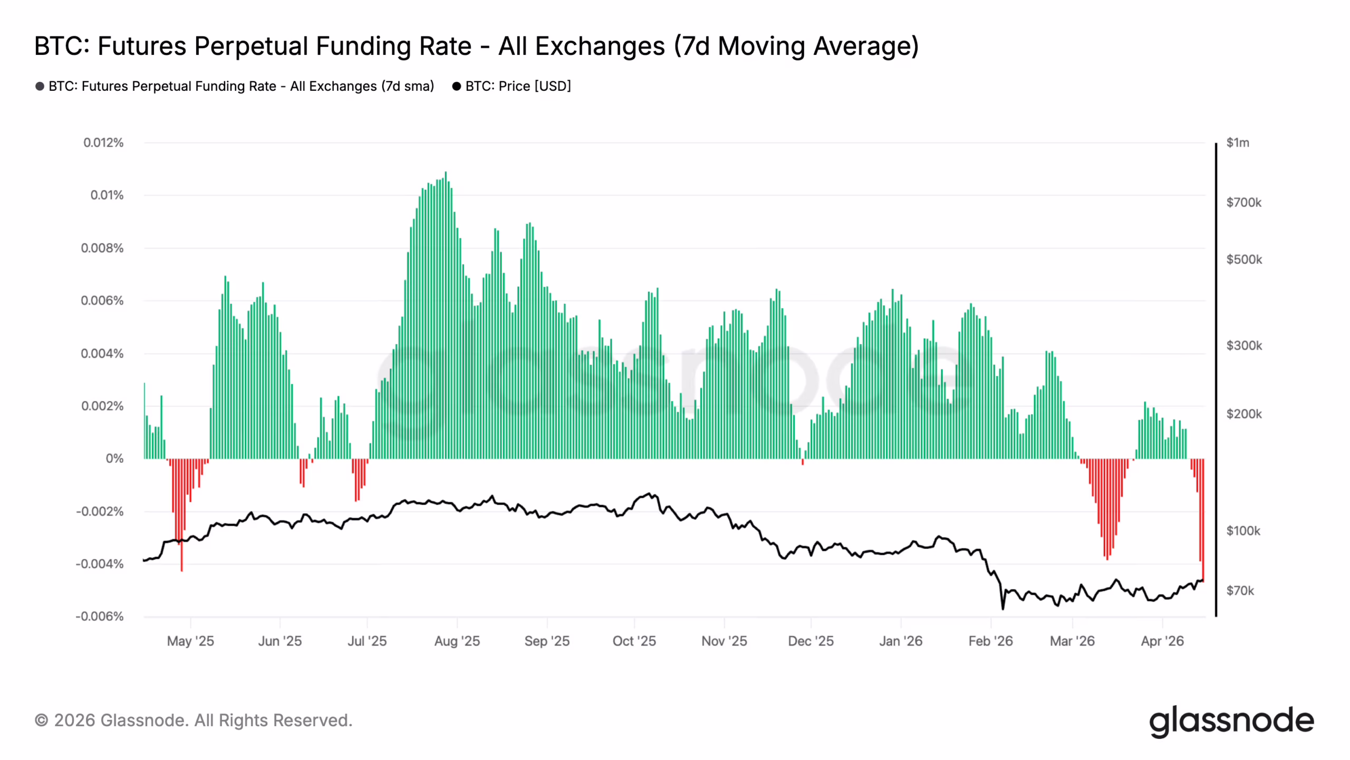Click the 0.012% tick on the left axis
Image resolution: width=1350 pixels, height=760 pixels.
pos(103,142)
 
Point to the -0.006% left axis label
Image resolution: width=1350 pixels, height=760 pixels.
pos(100,616)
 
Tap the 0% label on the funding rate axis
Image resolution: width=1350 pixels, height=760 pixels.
pos(114,459)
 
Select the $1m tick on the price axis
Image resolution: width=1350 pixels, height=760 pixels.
pos(1237,142)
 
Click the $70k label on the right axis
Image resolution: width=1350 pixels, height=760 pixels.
pos(1240,591)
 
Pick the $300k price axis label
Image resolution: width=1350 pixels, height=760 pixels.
pos(1244,346)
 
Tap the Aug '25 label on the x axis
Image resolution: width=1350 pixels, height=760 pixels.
pos(457,641)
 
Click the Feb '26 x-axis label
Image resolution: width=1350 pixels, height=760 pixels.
pos(990,641)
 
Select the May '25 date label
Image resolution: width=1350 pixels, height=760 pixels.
pos(190,641)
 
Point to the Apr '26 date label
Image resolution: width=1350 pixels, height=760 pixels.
pos(1162,641)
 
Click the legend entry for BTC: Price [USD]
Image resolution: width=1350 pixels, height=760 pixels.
pos(512,86)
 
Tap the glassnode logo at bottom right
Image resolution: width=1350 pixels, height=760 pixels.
pos(1231,721)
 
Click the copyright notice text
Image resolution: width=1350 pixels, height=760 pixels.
pos(194,720)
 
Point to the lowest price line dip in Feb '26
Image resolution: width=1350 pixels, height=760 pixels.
pos(1002,609)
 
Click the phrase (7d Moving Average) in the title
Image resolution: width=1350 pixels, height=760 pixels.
pos(796,46)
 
